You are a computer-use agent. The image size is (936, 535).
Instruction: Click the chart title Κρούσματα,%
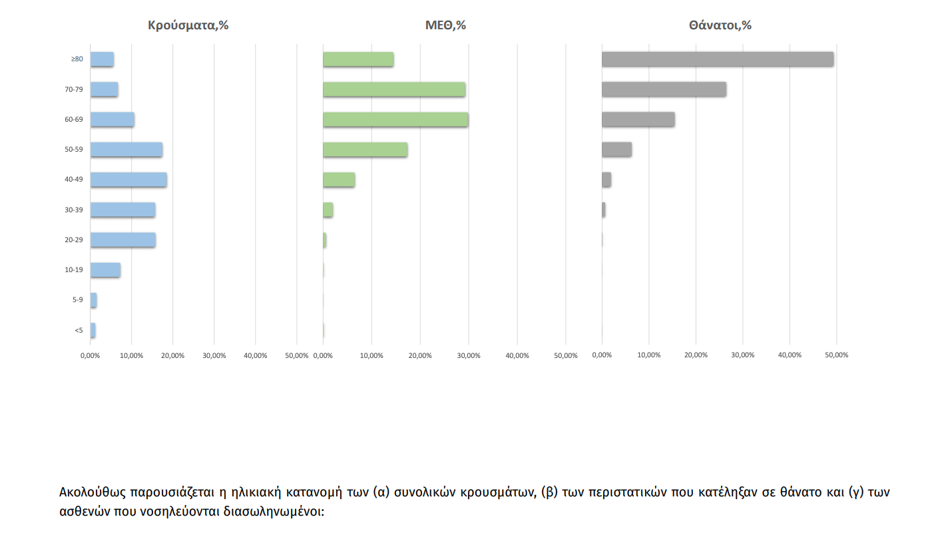click(188, 26)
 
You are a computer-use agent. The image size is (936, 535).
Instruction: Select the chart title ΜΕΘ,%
click(445, 26)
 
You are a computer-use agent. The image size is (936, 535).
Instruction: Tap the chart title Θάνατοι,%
click(720, 26)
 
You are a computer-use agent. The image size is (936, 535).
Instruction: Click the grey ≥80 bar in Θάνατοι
click(717, 59)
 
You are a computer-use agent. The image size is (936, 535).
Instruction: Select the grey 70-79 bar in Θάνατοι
click(664, 89)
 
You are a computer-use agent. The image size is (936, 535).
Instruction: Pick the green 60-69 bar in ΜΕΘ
click(395, 120)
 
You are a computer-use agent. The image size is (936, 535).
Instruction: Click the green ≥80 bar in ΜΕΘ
click(358, 59)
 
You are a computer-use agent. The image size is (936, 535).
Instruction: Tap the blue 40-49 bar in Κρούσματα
click(128, 180)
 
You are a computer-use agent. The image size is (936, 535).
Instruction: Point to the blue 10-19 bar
click(105, 270)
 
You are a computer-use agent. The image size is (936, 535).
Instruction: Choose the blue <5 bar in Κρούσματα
click(93, 330)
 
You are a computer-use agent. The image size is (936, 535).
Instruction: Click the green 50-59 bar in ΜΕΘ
click(365, 150)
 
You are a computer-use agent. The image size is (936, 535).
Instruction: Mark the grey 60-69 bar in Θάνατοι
click(638, 120)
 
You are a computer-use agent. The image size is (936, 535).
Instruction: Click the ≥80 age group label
click(77, 59)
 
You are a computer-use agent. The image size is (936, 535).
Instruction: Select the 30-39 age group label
click(73, 210)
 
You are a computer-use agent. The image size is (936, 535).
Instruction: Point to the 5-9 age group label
click(77, 300)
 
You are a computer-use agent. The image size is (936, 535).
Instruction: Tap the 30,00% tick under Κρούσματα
click(214, 355)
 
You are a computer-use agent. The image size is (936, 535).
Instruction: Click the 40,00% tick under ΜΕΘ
click(517, 355)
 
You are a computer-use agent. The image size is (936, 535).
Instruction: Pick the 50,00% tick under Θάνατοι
click(837, 355)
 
